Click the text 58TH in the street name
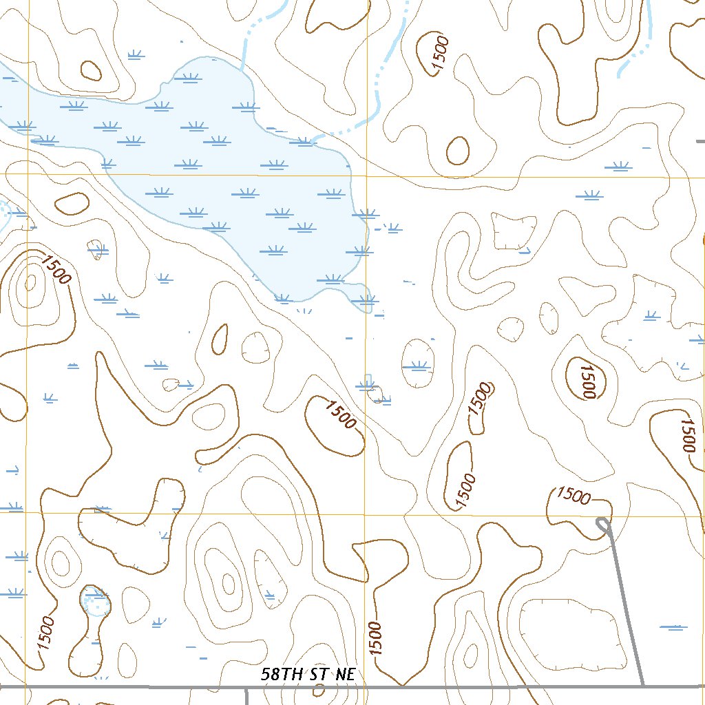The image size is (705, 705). coord(283,674)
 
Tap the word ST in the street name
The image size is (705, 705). coord(319,674)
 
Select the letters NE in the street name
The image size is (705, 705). coord(345,674)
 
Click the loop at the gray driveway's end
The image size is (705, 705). coord(603,525)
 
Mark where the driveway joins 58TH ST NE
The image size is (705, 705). coord(642,686)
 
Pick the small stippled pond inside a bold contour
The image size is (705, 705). coord(94,601)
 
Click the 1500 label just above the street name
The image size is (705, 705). coord(375,638)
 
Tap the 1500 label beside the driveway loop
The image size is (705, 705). coord(574,494)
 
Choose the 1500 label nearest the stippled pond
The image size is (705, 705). coord(46,632)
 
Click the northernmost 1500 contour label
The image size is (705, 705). coord(440,54)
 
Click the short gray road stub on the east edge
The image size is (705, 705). coord(700,141)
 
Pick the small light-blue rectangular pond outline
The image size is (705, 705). coord(368,380)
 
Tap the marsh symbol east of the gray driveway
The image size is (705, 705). coord(673,627)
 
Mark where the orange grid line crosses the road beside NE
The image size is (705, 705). coord(366,686)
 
